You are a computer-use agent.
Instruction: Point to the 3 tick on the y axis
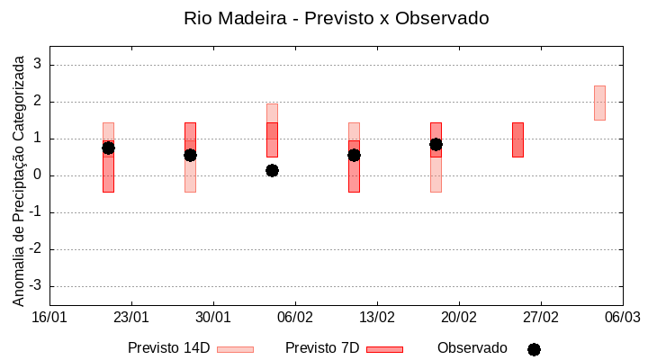click(38, 65)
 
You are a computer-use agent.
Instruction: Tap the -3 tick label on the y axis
click(35, 286)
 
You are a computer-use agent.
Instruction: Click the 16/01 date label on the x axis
click(49, 318)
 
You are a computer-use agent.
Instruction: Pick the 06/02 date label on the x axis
click(294, 318)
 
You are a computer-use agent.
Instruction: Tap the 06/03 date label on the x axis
click(622, 318)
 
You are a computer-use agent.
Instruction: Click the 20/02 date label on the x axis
click(458, 318)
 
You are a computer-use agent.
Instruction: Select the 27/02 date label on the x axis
click(540, 318)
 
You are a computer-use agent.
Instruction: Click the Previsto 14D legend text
click(168, 347)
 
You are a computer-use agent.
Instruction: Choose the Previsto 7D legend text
click(322, 347)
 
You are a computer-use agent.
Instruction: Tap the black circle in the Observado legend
click(534, 349)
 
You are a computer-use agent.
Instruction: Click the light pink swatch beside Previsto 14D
click(235, 349)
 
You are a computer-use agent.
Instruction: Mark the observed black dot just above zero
click(272, 170)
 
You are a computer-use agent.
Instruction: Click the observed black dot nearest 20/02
click(436, 144)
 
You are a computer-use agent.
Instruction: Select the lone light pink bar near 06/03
click(599, 103)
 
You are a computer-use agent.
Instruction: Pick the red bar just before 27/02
click(517, 139)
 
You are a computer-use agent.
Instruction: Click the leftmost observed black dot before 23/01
click(108, 148)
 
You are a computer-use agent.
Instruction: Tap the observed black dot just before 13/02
click(354, 155)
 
